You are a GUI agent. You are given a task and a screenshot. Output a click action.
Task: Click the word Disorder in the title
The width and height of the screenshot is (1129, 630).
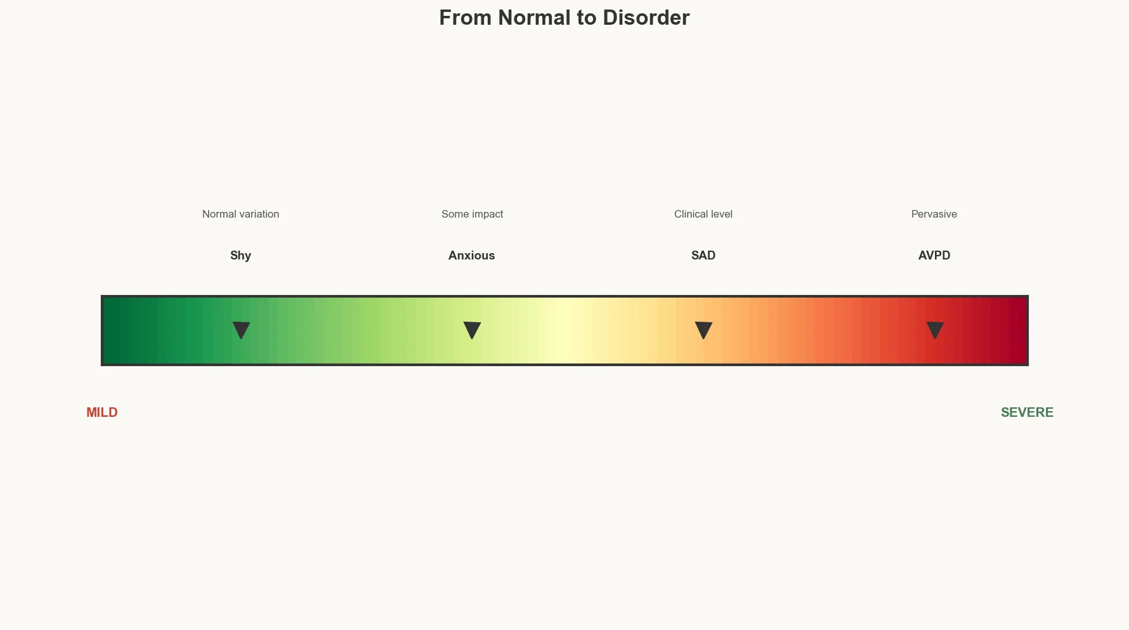[646, 18]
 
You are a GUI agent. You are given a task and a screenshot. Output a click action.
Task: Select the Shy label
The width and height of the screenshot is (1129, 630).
[240, 255]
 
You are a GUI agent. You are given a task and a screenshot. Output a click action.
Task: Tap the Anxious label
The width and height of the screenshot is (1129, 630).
[471, 255]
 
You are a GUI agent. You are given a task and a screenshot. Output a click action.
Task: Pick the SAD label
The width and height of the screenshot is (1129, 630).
[703, 255]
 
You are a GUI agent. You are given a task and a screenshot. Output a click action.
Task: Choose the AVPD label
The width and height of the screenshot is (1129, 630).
[934, 255]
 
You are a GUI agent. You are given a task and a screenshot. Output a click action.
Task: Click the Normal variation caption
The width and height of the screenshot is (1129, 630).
[240, 214]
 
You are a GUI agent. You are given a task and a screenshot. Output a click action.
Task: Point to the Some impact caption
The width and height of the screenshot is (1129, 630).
[472, 214]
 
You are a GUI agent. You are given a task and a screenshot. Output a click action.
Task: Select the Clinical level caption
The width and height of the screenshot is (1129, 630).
[703, 214]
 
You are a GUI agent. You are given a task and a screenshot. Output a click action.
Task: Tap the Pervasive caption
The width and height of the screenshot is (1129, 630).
[934, 214]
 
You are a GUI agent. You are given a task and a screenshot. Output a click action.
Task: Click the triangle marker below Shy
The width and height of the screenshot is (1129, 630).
[241, 329]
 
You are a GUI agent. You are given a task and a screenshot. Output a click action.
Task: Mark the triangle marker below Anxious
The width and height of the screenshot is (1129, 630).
[472, 329]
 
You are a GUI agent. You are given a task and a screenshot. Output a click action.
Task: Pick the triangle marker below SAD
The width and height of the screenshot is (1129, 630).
[703, 329]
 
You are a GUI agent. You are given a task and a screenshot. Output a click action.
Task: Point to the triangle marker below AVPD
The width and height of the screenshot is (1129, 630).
[935, 329]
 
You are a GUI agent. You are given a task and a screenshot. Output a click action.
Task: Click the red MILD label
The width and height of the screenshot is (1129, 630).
[102, 412]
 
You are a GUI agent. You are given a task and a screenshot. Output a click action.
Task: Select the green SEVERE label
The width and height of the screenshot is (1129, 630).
[1027, 412]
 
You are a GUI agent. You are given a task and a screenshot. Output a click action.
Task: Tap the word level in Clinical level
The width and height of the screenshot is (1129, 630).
[721, 214]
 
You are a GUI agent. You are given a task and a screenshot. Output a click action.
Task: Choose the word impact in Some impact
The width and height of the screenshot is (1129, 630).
[488, 214]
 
